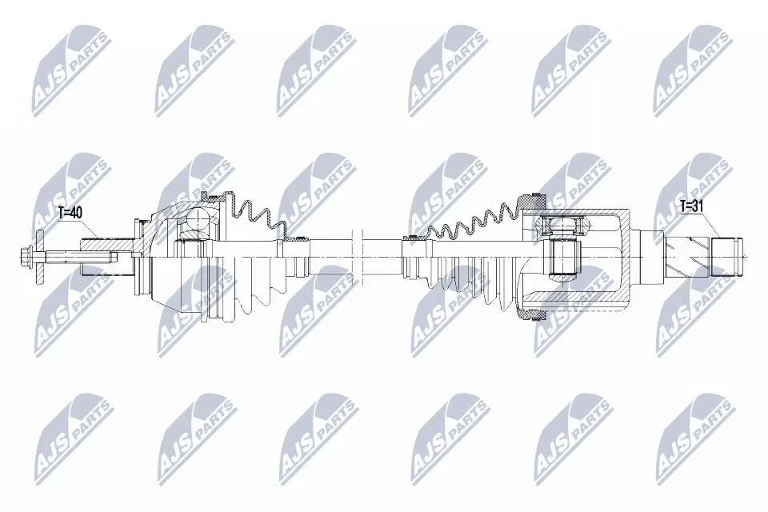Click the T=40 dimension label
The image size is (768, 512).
point(70,213)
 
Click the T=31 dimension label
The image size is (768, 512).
point(691,206)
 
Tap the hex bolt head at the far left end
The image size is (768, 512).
point(26,256)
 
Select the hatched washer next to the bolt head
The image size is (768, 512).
point(39,256)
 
